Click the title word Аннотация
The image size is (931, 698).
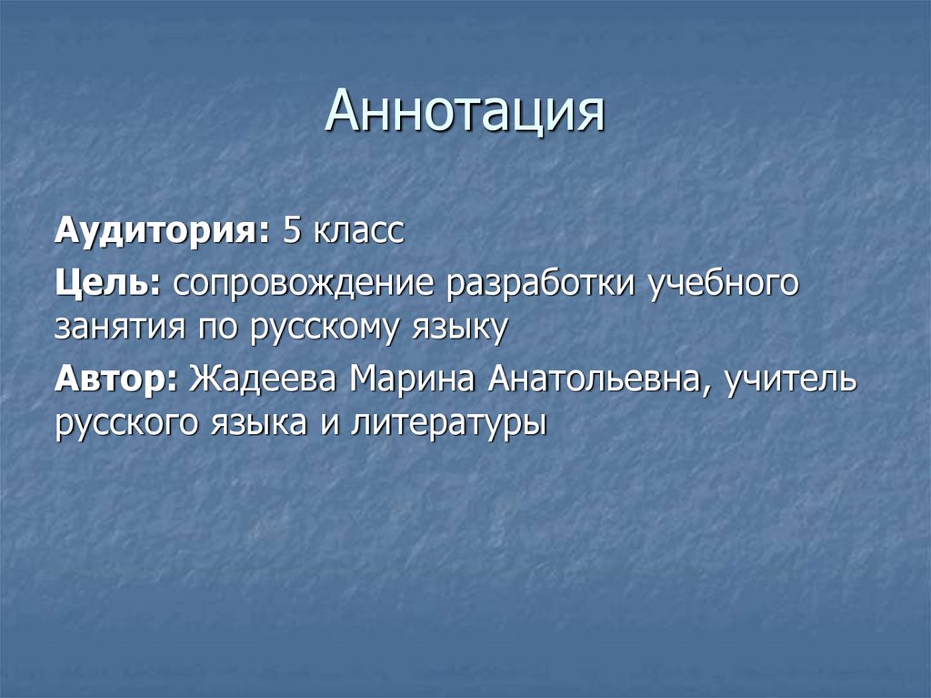click(465, 112)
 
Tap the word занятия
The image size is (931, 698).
click(119, 327)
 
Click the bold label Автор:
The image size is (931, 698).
click(116, 378)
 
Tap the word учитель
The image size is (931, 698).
click(790, 378)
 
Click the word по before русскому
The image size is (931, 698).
click(215, 327)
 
